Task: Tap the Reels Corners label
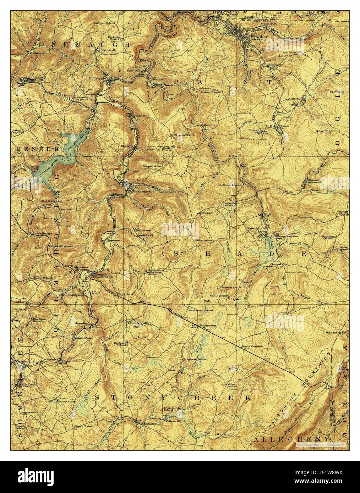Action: point(252,347)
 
